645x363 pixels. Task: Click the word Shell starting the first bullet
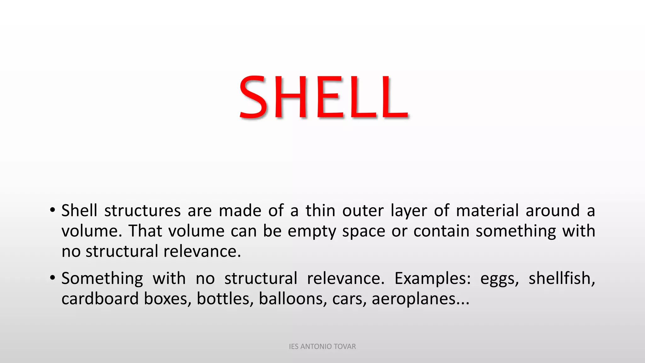[x=79, y=210]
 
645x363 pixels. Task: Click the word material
[x=487, y=210]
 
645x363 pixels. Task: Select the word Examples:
[x=432, y=279]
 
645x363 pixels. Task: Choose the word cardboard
[x=100, y=299]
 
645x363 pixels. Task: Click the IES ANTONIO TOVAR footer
[x=322, y=347]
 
